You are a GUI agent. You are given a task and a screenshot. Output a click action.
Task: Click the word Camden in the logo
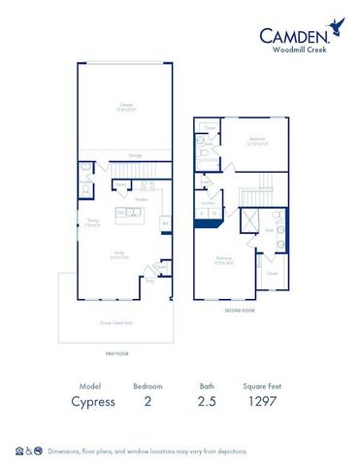coord(291,36)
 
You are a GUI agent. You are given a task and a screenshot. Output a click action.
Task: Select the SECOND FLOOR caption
coord(240,311)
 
